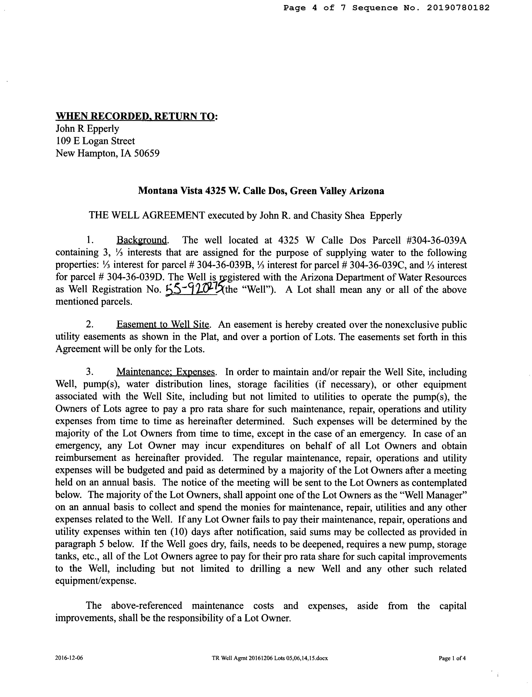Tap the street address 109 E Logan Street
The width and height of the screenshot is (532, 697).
(x=95, y=141)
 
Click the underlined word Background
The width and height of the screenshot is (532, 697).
(x=142, y=240)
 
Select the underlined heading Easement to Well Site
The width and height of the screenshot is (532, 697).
(x=163, y=325)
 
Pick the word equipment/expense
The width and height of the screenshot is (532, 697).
(x=96, y=581)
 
